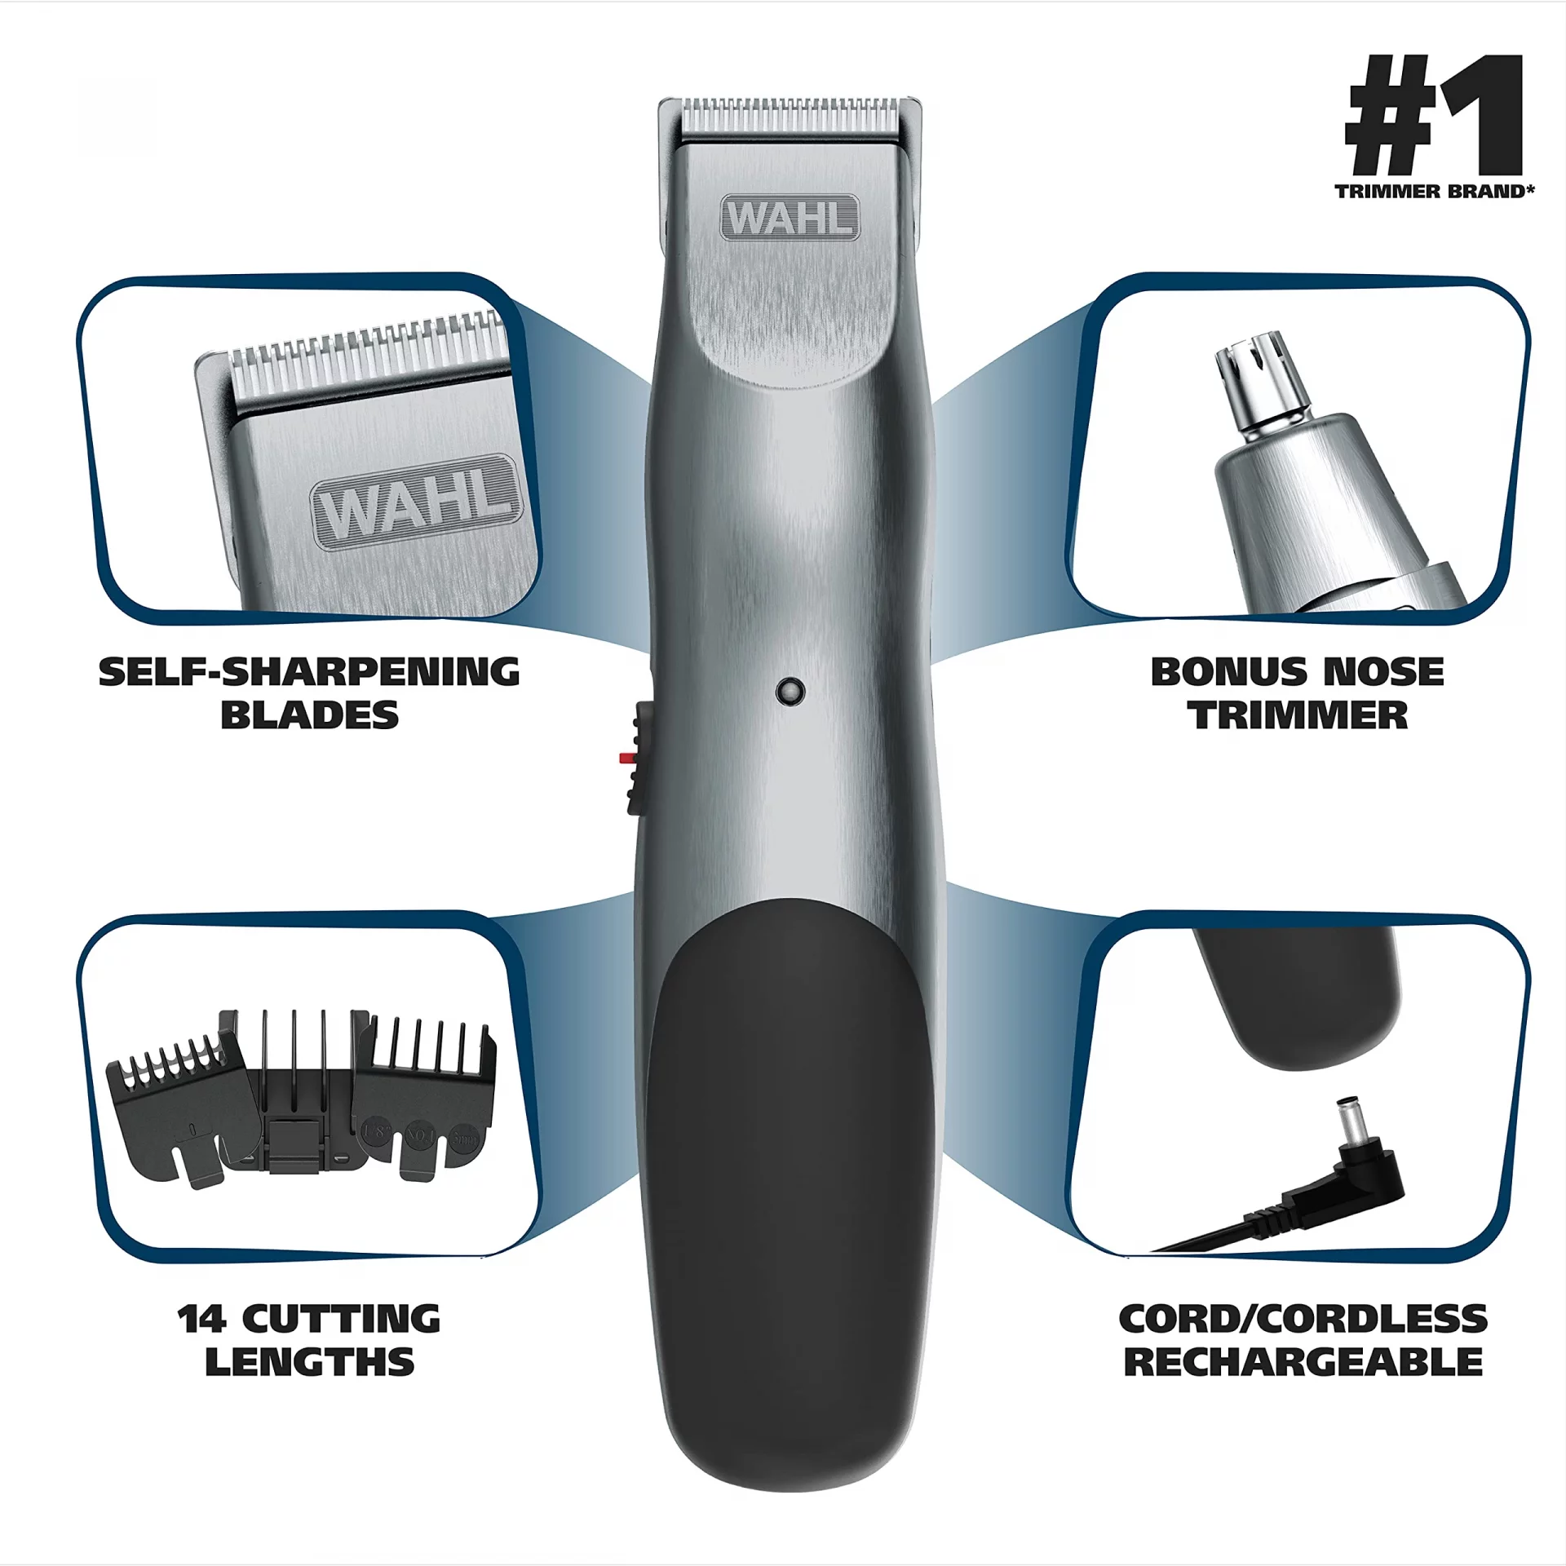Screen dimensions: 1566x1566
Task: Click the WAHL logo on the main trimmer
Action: click(x=790, y=217)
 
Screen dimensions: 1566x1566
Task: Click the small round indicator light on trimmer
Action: click(x=790, y=691)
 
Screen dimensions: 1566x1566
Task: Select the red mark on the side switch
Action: click(x=627, y=758)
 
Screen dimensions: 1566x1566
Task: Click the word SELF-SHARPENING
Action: click(x=309, y=672)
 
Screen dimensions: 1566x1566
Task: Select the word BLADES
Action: click(x=309, y=715)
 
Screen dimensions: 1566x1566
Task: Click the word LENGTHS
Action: click(x=310, y=1363)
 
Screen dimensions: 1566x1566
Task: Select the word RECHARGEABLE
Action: click(x=1303, y=1363)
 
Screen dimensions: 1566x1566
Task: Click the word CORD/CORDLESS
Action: click(x=1303, y=1320)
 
